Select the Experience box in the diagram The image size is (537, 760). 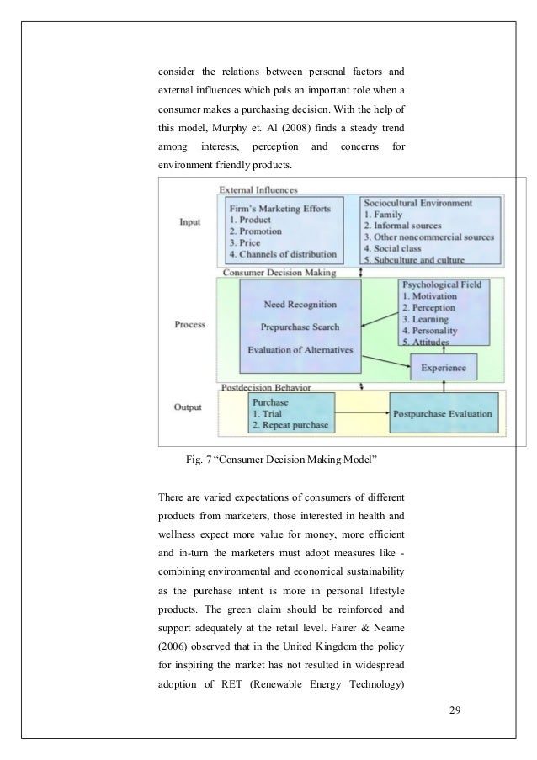(444, 367)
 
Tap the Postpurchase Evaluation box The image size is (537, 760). (443, 413)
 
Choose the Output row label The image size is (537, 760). (189, 407)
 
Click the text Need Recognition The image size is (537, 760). (300, 304)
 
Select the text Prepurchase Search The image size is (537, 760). (300, 327)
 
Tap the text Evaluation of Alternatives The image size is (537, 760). (300, 349)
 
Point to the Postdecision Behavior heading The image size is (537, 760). (265, 388)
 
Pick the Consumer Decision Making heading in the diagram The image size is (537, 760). (278, 273)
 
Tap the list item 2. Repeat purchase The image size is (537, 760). (289, 426)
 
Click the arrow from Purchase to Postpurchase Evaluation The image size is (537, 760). (362, 413)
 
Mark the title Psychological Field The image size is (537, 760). (443, 285)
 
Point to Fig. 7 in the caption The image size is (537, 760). (197, 459)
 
